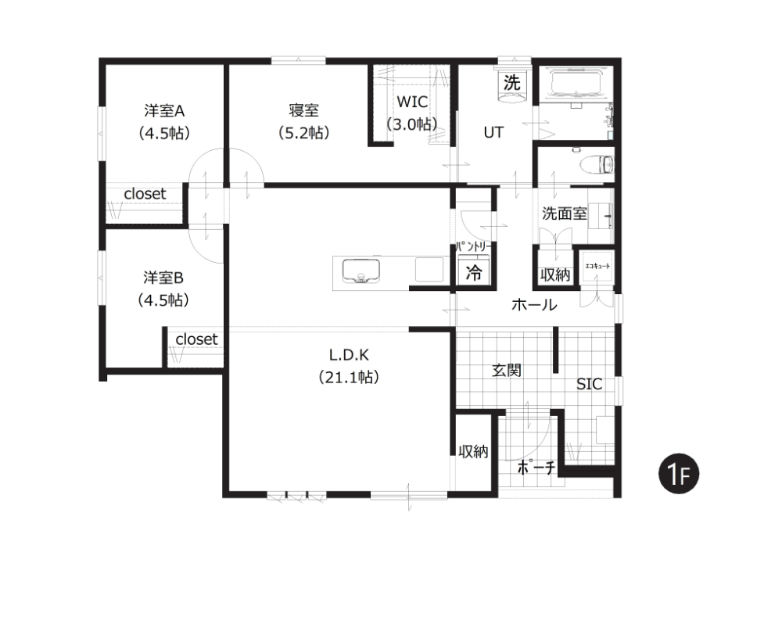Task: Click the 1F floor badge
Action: tap(678, 474)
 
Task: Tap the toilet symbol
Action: tap(597, 164)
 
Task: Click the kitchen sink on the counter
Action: tap(361, 271)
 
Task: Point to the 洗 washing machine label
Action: tap(511, 82)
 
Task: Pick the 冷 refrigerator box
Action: tap(474, 272)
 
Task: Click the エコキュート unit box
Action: tap(597, 267)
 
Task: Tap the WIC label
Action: tap(412, 102)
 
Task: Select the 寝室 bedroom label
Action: tap(303, 110)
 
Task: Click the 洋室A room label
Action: tap(164, 110)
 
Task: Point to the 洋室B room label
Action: tap(163, 278)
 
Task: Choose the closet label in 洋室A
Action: tap(145, 193)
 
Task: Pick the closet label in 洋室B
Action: tap(196, 339)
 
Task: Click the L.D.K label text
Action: tap(349, 354)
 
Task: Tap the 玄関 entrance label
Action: tap(507, 370)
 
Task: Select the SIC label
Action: tap(589, 384)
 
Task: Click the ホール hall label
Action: tap(534, 304)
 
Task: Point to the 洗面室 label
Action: tap(564, 213)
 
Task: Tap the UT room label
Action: tap(493, 132)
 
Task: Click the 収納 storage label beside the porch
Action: tap(473, 451)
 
